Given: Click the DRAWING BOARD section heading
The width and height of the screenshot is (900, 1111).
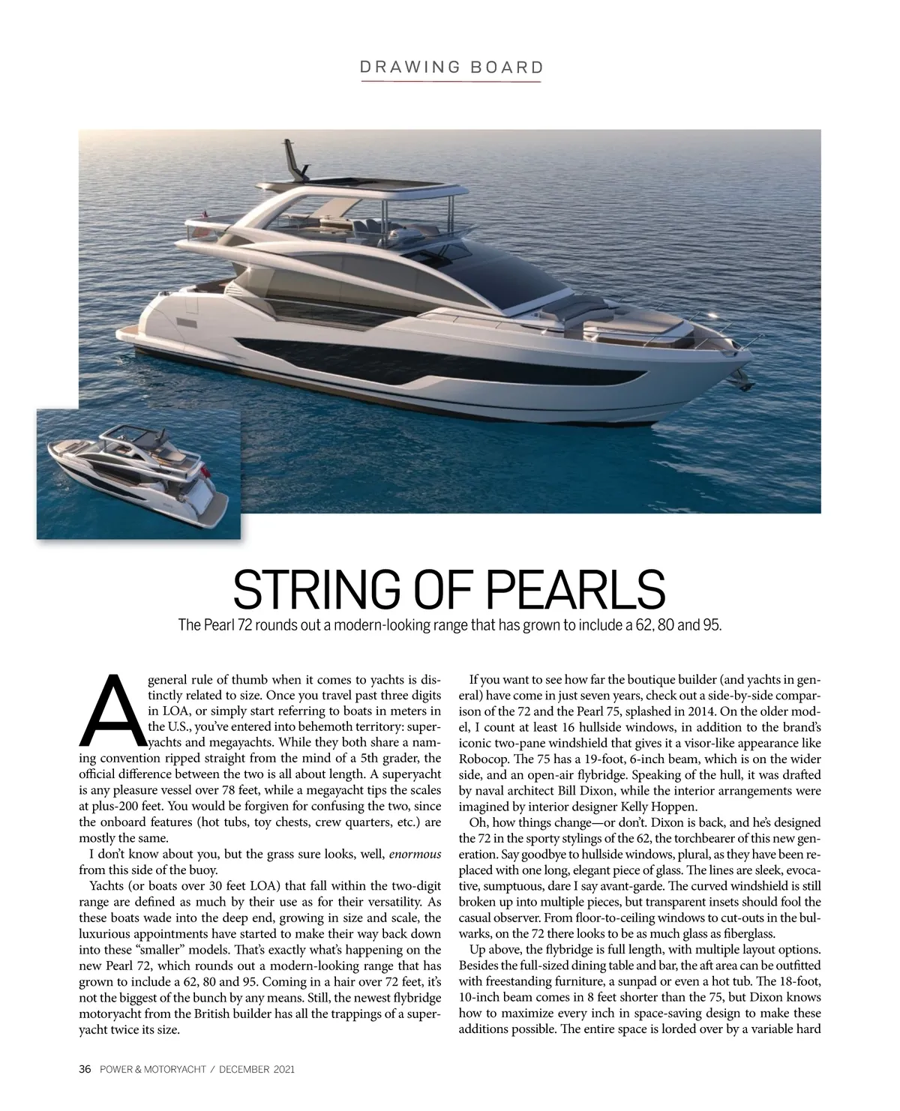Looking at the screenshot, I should tap(451, 67).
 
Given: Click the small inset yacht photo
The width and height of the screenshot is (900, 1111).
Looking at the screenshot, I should tap(139, 474).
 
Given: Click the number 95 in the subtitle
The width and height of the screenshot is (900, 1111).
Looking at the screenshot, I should tap(709, 625).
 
